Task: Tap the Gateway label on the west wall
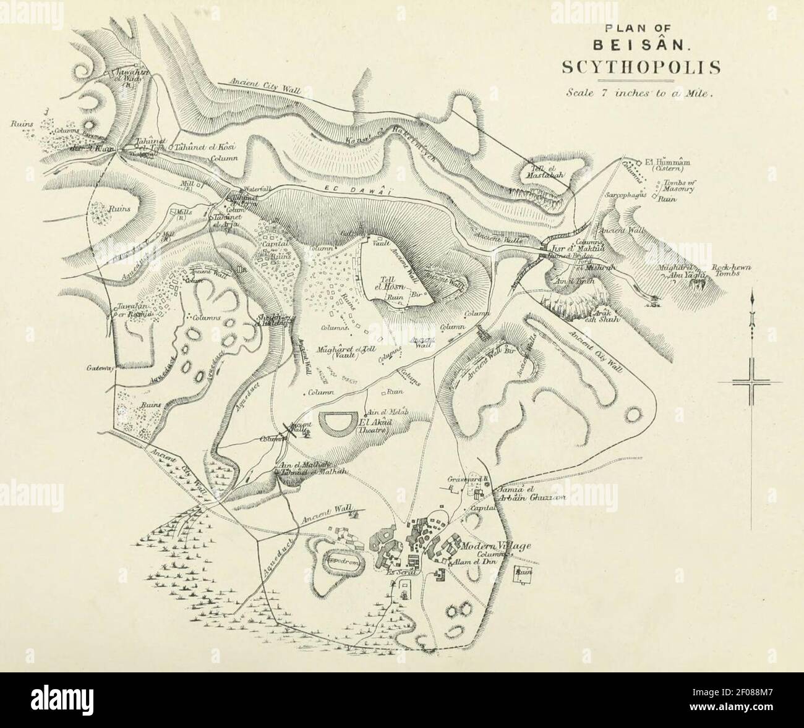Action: click(x=100, y=368)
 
